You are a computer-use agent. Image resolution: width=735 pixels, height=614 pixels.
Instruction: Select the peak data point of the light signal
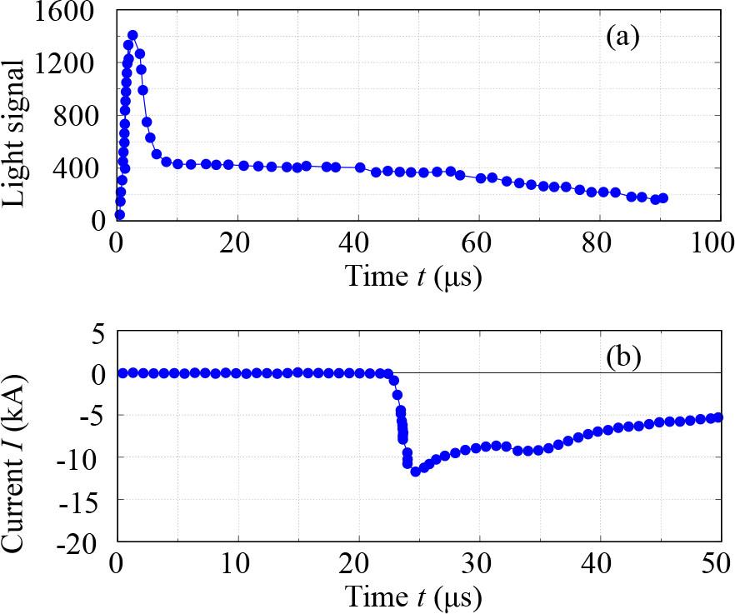tap(132, 35)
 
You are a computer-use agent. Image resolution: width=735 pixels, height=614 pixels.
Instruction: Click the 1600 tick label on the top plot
tap(69, 12)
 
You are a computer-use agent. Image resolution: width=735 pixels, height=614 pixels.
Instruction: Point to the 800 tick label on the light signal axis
tap(77, 116)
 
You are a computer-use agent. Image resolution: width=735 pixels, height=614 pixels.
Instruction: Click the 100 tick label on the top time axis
tap(714, 244)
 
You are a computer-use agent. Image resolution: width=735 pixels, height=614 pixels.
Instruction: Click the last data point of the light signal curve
tap(663, 197)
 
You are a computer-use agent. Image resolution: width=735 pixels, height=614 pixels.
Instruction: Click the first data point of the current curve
tap(122, 372)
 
